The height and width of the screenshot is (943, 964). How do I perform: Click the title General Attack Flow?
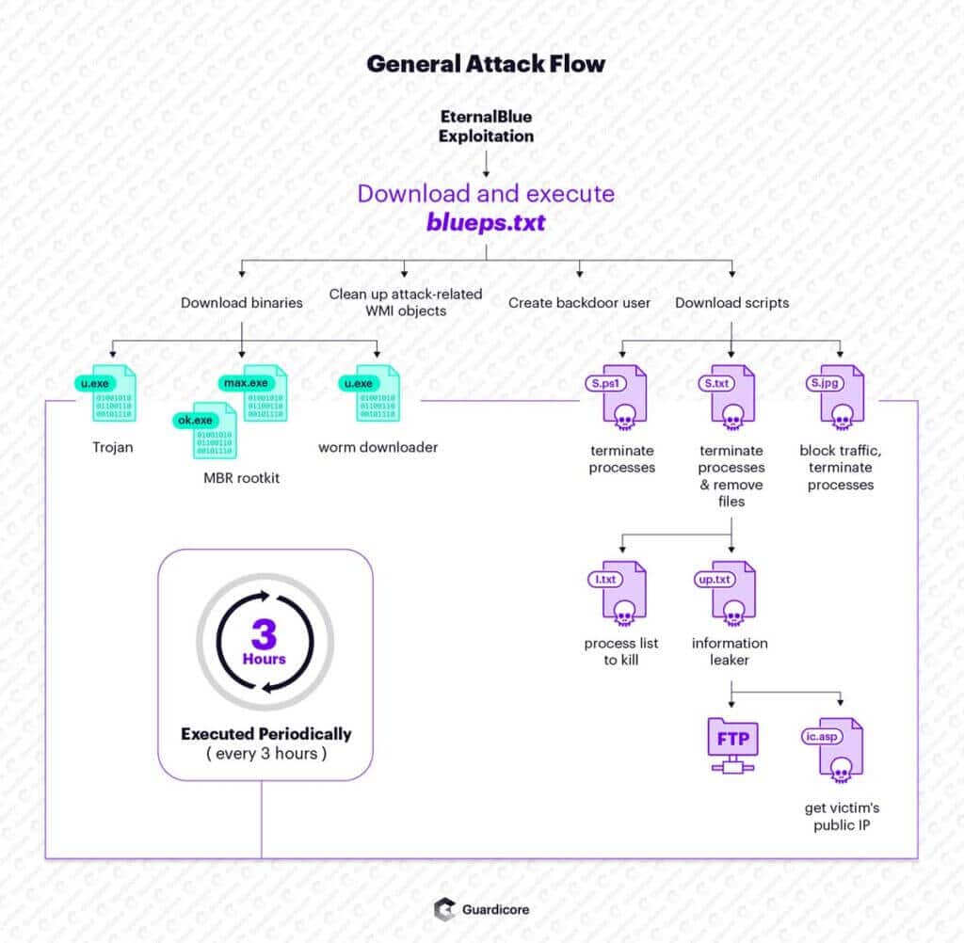(486, 64)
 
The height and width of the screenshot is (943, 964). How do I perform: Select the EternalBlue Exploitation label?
(486, 126)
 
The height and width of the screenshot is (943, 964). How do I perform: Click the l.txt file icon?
(620, 591)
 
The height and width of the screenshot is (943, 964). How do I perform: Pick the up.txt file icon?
(730, 591)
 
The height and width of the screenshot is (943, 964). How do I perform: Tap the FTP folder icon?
(731, 744)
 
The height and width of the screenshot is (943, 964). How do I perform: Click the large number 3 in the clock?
(265, 632)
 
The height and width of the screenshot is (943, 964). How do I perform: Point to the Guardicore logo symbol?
(443, 909)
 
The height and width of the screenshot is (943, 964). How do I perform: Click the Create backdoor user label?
(579, 303)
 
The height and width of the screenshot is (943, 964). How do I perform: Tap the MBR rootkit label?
(242, 478)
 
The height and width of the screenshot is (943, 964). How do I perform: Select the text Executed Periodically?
(265, 733)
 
